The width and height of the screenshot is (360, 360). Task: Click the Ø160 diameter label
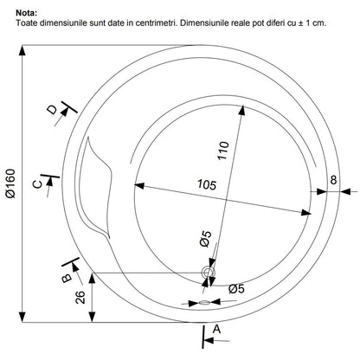pos(11,183)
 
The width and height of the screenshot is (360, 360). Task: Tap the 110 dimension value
pos(223,151)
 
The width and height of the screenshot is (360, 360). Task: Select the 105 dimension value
pos(207,184)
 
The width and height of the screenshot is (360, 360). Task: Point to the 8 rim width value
pos(333,180)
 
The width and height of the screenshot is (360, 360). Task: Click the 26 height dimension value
pos(80,297)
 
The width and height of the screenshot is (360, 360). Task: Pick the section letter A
pos(216,329)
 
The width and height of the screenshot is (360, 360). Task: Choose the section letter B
pos(67,278)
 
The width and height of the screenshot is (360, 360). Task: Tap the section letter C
pos(37,183)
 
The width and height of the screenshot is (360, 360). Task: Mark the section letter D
pos(52,110)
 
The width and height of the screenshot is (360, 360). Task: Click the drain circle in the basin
pos(209,273)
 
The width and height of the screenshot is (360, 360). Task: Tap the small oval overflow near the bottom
pos(204,303)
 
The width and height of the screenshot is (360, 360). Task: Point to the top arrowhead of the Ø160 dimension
pos(22,50)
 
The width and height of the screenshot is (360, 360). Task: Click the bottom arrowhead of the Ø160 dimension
pos(22,318)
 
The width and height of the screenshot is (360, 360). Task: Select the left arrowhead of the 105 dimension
pos(139,185)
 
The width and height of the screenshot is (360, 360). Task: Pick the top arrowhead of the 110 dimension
pos(242,110)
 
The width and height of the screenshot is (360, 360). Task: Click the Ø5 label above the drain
pos(205,239)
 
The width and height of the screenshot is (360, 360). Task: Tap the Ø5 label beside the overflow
pos(236,288)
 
